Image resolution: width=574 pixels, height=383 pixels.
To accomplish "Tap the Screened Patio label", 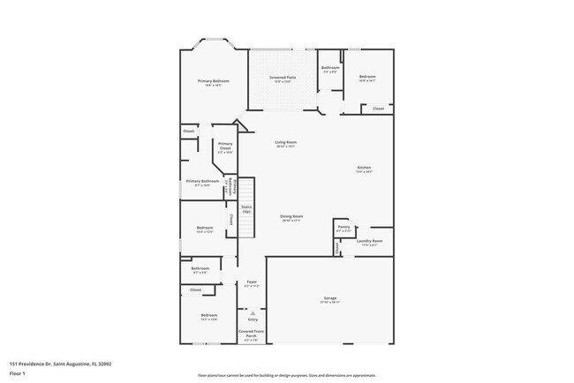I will (283, 78).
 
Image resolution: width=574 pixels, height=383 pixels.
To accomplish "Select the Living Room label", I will (285, 142).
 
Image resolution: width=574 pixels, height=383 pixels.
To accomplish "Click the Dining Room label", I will (291, 216).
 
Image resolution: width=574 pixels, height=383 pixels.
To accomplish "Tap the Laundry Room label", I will (369, 241).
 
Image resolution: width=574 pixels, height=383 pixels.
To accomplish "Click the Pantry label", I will (344, 227).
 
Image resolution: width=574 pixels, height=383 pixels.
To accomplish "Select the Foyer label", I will (252, 282).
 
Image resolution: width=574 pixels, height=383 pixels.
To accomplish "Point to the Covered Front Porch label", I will (252, 334).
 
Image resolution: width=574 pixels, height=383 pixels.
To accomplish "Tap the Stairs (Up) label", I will (246, 208).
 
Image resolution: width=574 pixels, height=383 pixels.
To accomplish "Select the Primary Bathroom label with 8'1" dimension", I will (202, 181).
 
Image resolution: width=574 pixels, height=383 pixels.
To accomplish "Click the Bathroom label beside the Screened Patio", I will (330, 68).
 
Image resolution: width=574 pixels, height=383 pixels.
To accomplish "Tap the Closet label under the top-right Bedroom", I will (377, 109).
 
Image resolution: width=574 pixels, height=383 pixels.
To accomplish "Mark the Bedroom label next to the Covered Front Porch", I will (208, 315).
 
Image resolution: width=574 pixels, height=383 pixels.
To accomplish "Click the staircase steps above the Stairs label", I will (247, 189).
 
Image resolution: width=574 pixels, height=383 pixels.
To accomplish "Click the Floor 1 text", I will (18, 373).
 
